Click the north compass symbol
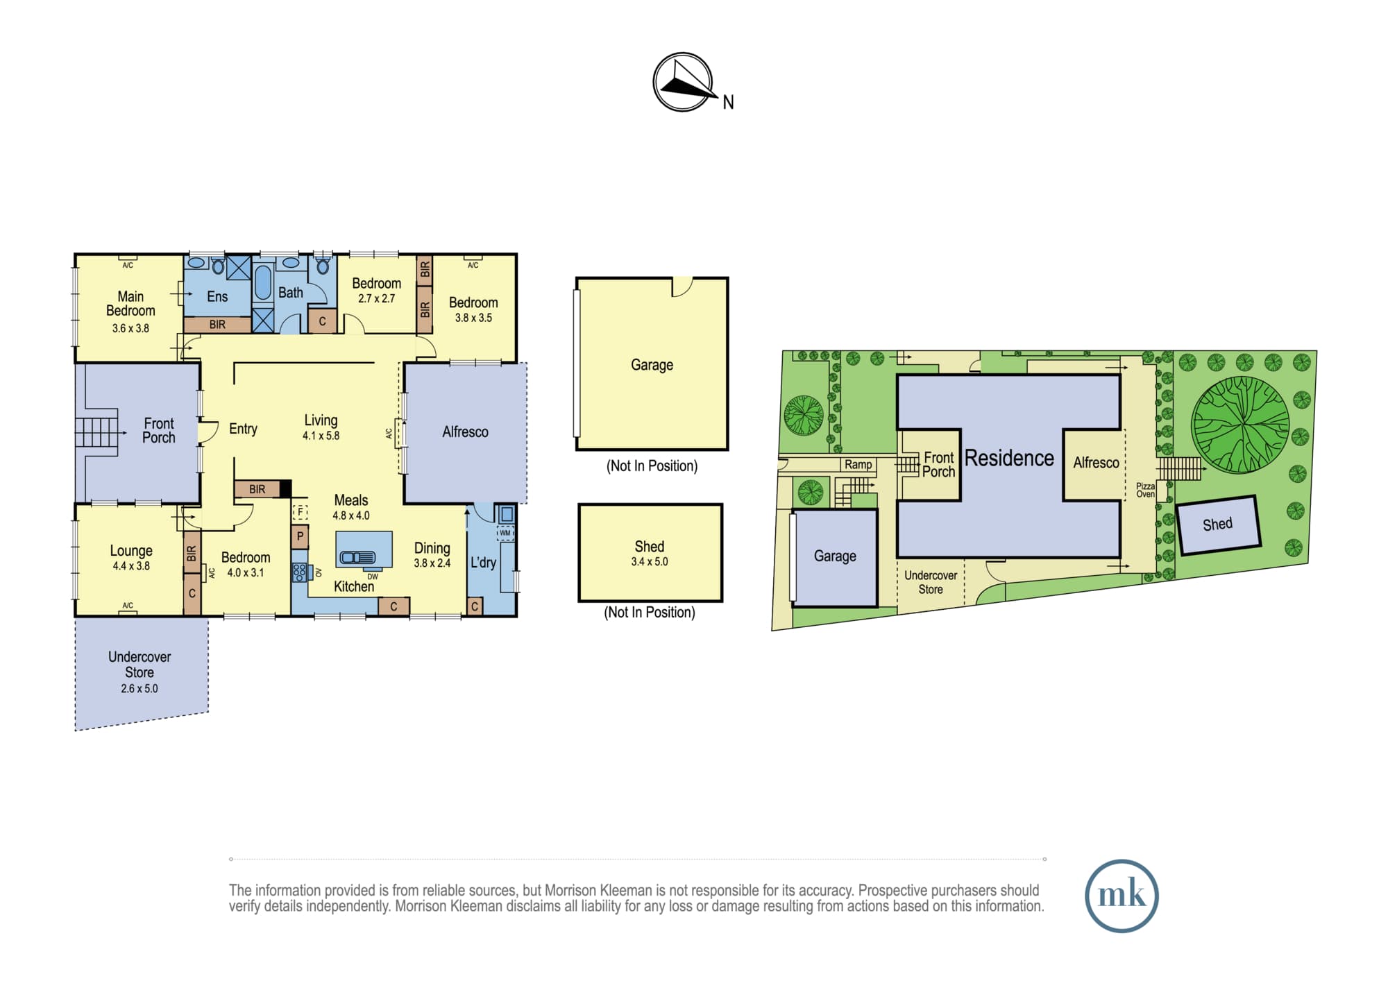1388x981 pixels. (x=683, y=82)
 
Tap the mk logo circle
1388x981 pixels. (x=1122, y=896)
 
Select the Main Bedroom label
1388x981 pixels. (x=130, y=303)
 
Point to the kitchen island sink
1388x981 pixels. (x=357, y=557)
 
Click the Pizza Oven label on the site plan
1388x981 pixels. (x=1145, y=490)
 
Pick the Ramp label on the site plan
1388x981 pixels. (x=858, y=465)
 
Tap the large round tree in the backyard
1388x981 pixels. (x=1240, y=425)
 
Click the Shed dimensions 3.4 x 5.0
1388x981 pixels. (x=650, y=562)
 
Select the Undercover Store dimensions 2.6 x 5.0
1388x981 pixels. (x=139, y=689)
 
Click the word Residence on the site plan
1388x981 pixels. (x=1009, y=458)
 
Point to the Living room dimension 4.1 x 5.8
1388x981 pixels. (x=321, y=436)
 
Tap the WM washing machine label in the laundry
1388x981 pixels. (x=505, y=533)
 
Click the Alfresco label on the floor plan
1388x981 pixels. (x=465, y=432)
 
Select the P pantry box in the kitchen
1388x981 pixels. (x=300, y=536)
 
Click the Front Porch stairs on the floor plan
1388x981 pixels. (x=96, y=432)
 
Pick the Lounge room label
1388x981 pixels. (x=131, y=551)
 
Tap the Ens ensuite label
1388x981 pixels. (x=217, y=296)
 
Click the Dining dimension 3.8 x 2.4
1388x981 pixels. (x=432, y=563)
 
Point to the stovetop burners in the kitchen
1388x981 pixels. (x=299, y=572)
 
